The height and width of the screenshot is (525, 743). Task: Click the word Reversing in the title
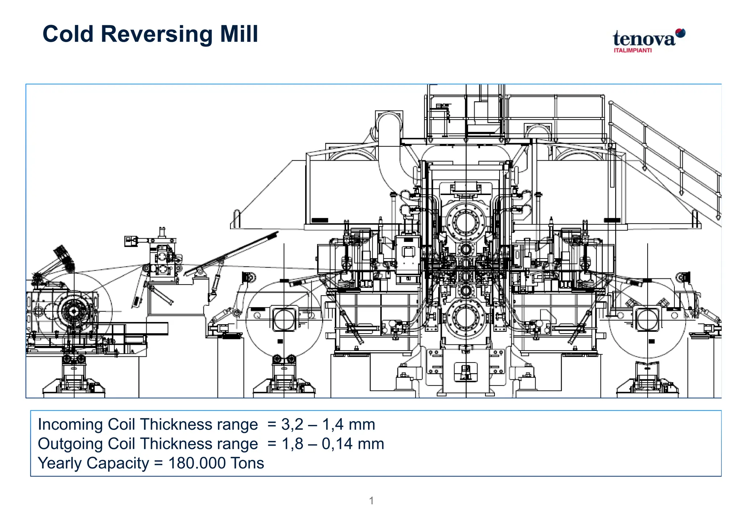click(156, 34)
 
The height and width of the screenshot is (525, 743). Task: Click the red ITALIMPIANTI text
click(632, 50)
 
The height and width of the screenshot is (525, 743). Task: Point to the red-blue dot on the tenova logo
click(681, 33)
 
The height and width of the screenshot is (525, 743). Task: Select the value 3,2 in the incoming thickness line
click(292, 425)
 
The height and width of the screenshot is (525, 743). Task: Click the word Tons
click(247, 463)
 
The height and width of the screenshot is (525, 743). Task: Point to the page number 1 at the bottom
click(371, 501)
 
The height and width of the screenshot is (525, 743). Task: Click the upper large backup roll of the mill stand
click(466, 221)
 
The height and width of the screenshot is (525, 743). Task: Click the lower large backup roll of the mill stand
click(466, 317)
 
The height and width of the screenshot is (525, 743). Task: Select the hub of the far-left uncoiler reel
click(74, 311)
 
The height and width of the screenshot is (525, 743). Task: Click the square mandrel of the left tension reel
click(284, 319)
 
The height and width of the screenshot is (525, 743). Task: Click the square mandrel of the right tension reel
click(647, 319)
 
